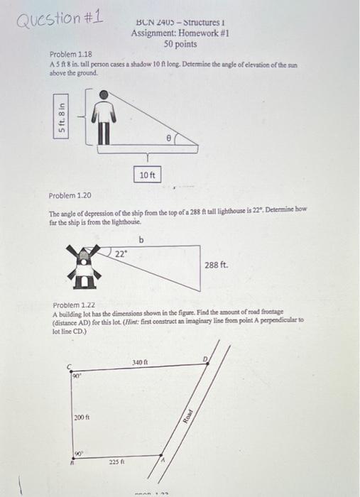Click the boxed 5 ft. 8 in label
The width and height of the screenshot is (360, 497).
click(64, 116)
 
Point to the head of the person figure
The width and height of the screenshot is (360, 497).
click(104, 94)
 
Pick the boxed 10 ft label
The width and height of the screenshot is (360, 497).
click(148, 173)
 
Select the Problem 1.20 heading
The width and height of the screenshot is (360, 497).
click(69, 195)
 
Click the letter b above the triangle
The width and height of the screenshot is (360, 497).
click(141, 240)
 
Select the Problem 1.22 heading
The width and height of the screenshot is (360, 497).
click(75, 305)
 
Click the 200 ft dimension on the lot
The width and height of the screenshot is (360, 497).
click(82, 416)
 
